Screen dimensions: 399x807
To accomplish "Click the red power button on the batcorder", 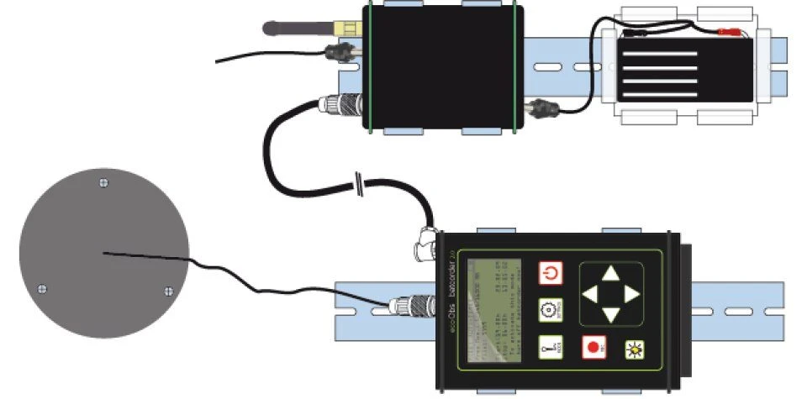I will [x=551, y=274].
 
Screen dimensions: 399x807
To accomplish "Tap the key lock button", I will [x=551, y=347].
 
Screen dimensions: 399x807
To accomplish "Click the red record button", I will [x=594, y=347].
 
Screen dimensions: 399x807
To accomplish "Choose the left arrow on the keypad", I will [x=591, y=293].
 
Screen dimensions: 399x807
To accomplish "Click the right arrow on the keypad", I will [x=631, y=293].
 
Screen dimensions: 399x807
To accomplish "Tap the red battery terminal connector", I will [x=728, y=33].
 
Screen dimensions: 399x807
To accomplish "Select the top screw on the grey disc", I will [x=103, y=181].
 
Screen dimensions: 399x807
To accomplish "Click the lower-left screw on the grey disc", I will [x=43, y=289].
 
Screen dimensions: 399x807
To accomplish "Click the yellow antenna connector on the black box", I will [x=345, y=28].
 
